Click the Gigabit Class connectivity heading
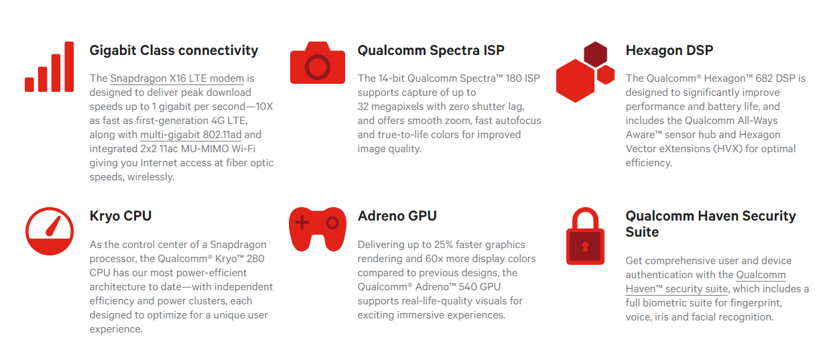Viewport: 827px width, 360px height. pos(174,50)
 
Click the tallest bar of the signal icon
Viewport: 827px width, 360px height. pos(69,66)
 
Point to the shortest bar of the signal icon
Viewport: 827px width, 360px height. pos(29,84)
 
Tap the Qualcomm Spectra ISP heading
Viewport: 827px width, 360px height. pos(430,50)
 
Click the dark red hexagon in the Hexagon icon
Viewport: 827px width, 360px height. pos(595,54)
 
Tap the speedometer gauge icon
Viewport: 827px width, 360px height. pos(49,231)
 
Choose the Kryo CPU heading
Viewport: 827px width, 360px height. pos(121,216)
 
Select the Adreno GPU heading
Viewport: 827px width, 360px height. pos(397,216)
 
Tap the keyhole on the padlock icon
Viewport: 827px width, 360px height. pos(584,247)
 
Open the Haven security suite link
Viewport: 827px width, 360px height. pos(677,289)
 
